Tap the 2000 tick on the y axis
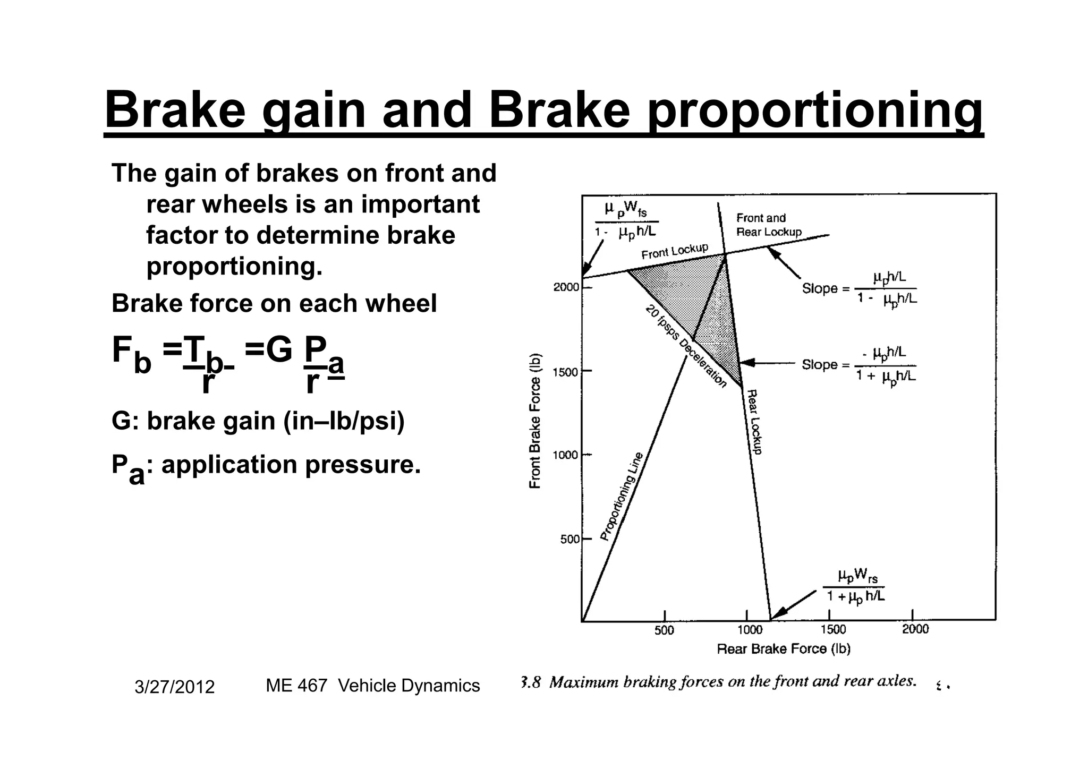click(x=566, y=287)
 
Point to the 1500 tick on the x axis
click(x=832, y=629)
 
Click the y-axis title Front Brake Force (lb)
click(x=535, y=421)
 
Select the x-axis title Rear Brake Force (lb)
click(x=784, y=648)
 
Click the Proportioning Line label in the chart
click(x=622, y=497)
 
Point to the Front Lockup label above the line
click(x=675, y=251)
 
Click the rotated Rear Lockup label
click(x=754, y=422)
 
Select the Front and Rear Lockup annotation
click(x=768, y=225)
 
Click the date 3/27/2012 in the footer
click(x=174, y=687)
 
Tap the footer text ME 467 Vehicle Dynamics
click(x=372, y=686)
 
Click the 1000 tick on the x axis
click(x=750, y=629)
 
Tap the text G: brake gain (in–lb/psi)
click(x=258, y=421)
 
